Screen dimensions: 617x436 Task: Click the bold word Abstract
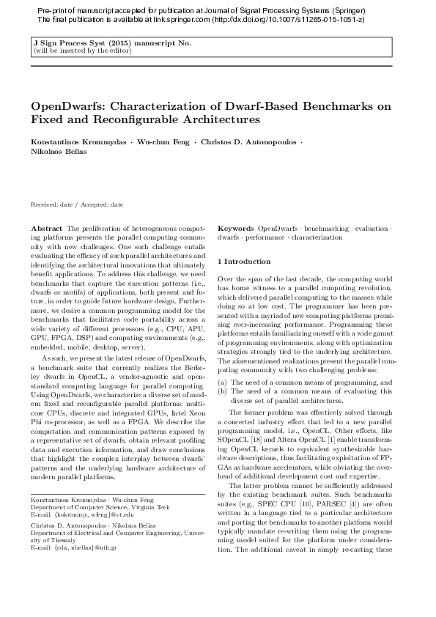[47, 229]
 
